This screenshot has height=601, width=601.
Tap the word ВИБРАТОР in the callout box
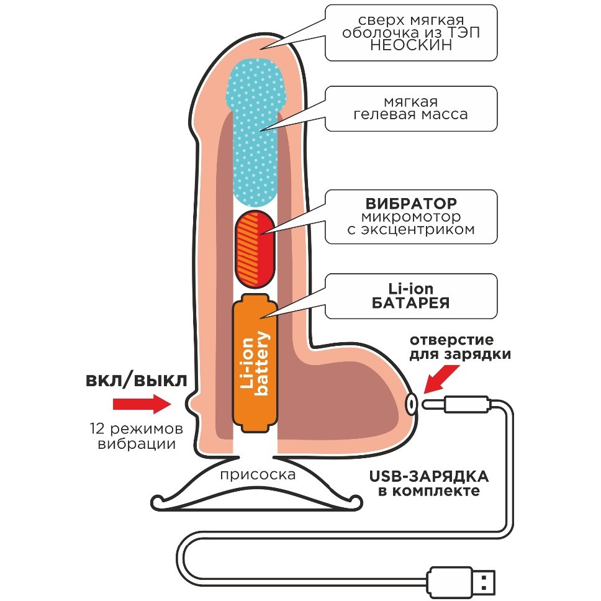coord(411,203)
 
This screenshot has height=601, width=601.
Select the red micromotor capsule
coord(253,247)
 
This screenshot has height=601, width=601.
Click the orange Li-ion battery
coord(255,364)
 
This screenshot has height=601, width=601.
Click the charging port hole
coord(412,404)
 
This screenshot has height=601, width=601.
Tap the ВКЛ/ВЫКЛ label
coord(135,380)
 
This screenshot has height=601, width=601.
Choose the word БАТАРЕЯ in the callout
coord(411,304)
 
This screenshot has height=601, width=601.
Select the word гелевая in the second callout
coord(382,115)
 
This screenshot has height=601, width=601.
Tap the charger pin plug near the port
coord(456,404)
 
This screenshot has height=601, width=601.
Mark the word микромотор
coord(411,217)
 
